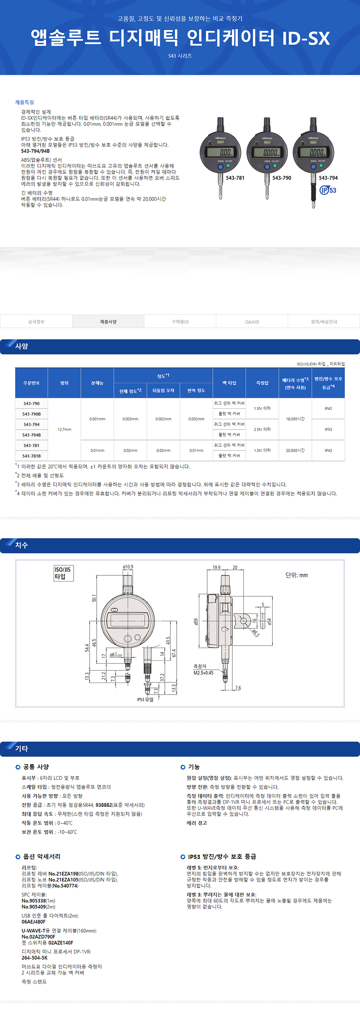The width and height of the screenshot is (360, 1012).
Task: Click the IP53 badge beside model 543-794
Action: tap(328, 190)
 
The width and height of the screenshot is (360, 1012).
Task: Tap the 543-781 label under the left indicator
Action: tap(235, 178)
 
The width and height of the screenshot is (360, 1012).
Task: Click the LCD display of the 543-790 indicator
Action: tap(267, 152)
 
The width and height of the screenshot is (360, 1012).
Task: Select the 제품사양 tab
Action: tap(108, 322)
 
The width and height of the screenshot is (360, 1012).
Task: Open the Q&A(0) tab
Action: tap(252, 322)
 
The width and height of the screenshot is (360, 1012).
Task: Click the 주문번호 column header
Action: tap(31, 383)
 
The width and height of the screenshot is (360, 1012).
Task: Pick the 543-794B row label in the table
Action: tap(31, 435)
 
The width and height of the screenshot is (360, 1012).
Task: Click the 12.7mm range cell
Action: tap(64, 430)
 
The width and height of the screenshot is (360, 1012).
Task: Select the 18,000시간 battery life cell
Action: tap(295, 419)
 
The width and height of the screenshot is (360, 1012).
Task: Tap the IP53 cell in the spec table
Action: tap(328, 430)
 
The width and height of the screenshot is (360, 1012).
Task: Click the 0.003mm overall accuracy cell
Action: tap(130, 419)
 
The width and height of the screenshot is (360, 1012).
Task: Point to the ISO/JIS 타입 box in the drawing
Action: tap(63, 573)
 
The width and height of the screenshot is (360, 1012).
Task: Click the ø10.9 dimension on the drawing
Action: tap(128, 567)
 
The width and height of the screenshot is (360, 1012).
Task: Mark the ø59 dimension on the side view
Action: tap(195, 622)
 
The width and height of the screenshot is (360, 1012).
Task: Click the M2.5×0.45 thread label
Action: tap(203, 673)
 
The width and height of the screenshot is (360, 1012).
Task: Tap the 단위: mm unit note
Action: tap(296, 575)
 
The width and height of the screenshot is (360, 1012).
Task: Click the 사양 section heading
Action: tap(21, 346)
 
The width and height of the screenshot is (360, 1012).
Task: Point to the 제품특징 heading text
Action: tap(25, 102)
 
